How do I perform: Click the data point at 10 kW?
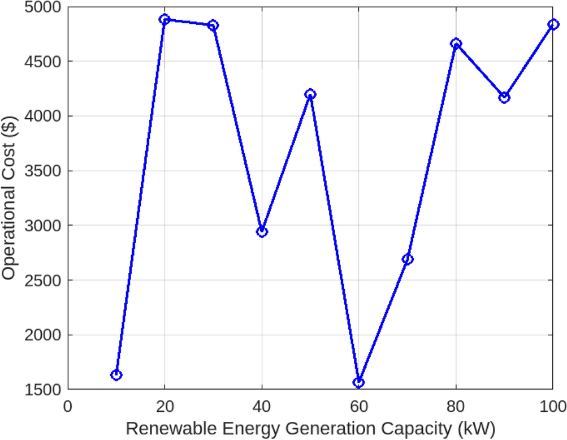(x=116, y=375)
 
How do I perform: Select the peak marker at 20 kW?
(x=165, y=19)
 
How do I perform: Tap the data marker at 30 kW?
(x=213, y=25)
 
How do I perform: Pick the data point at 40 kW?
(x=262, y=231)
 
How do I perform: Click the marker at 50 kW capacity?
(x=310, y=94)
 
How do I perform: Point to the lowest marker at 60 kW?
(x=358, y=382)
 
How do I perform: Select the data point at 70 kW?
(x=408, y=259)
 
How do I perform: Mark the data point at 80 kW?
(x=456, y=44)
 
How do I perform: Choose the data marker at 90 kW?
(x=504, y=97)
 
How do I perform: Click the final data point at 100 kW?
(x=552, y=24)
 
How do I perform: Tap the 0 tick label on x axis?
(x=68, y=406)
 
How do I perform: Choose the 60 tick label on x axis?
(x=358, y=406)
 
